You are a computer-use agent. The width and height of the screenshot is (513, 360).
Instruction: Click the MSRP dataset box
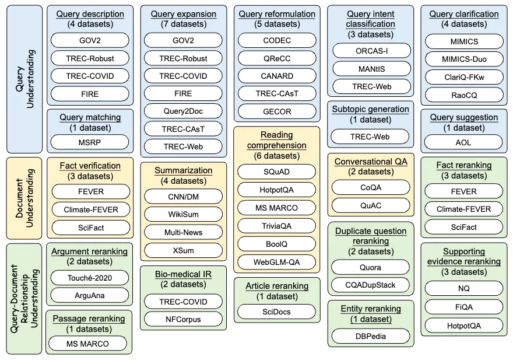point(89,142)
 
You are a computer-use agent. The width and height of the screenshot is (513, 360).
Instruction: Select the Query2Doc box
point(183,111)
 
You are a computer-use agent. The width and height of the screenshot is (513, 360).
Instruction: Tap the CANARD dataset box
point(277,76)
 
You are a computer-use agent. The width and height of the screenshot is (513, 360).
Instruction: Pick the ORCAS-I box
point(371,51)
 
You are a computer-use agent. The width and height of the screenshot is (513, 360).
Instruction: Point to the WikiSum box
point(183,215)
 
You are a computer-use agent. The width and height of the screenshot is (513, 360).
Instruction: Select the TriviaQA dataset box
point(277,226)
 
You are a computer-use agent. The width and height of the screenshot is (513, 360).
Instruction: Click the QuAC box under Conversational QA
point(371,205)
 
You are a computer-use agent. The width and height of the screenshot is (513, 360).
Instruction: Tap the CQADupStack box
point(371,285)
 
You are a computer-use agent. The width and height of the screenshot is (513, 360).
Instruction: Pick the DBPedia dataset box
point(371,335)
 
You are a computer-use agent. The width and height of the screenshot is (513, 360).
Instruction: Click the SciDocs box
point(277,312)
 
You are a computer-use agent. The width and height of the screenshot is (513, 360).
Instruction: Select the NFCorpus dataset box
point(183,319)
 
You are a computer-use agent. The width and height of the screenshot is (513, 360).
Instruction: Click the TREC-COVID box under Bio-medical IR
point(183,301)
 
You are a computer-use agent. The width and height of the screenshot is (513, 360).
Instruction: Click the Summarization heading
point(183,170)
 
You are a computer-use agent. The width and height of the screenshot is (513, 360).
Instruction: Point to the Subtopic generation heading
point(371,109)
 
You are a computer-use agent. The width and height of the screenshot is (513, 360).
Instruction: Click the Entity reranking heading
point(371,308)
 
